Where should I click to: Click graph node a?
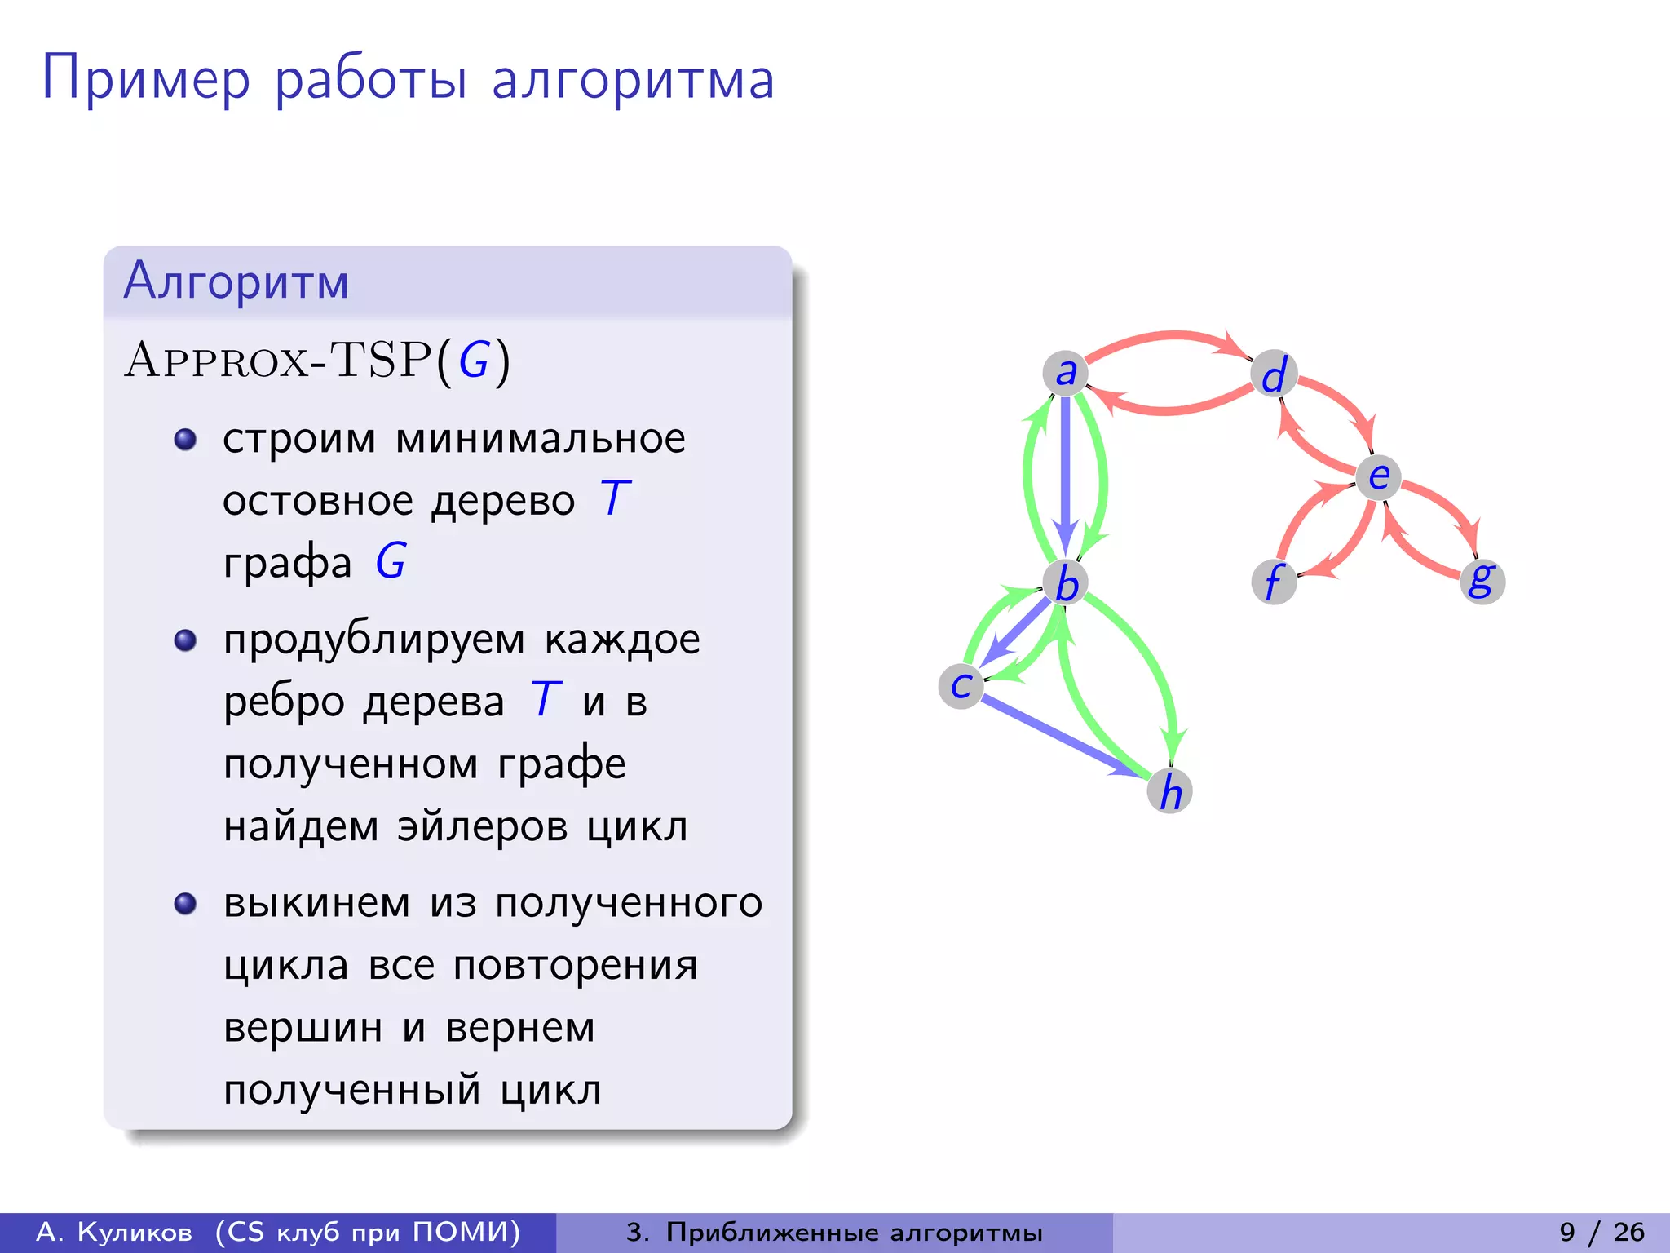(1065, 373)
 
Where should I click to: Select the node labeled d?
(1274, 374)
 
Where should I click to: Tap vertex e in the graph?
(1378, 476)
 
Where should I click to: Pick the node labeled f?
(1274, 582)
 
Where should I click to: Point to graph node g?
(1482, 581)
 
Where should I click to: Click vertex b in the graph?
(1066, 582)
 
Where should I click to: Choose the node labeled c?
(961, 685)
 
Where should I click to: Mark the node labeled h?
(1170, 790)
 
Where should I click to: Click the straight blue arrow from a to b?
(1065, 473)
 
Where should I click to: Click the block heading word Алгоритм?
(236, 281)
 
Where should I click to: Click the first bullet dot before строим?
(185, 440)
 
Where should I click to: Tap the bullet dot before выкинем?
(185, 904)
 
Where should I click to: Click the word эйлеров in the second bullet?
(482, 826)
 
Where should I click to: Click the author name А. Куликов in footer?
(114, 1232)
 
